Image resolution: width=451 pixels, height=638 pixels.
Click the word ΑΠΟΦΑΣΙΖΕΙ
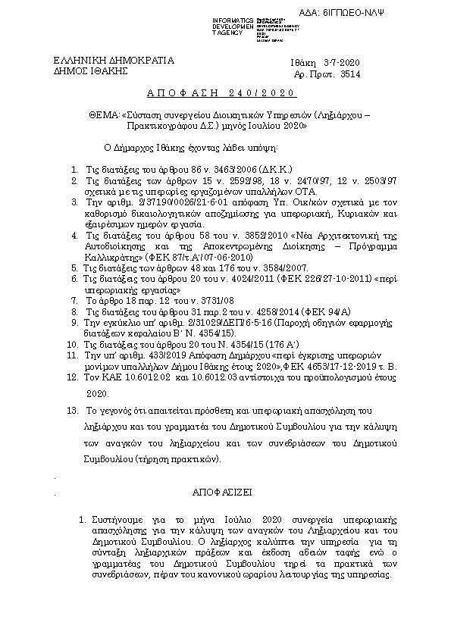point(226,492)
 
